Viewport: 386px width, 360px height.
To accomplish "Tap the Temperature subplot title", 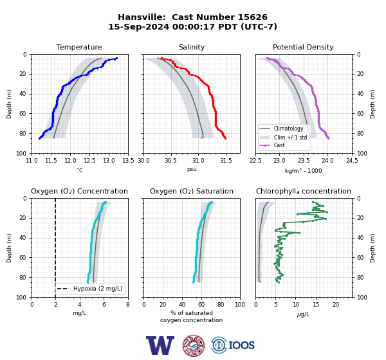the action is (79, 47).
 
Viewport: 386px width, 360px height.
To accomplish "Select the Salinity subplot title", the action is (192, 47).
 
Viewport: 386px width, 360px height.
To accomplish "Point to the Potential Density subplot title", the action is (303, 47).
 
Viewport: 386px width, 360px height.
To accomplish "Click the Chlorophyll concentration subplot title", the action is (304, 192).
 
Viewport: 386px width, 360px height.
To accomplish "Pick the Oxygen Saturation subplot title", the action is (192, 192).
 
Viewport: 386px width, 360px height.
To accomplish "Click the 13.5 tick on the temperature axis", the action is (128, 161).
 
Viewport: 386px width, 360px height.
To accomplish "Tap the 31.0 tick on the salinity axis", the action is (198, 161).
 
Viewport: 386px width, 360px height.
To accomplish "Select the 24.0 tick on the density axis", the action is (327, 161).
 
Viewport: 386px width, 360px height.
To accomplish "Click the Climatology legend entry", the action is (288, 129).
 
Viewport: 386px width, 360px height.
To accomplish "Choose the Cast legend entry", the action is (279, 145).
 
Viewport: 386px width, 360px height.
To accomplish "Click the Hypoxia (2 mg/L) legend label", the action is (98, 289).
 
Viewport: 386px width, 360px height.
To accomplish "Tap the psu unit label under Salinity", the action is (192, 169).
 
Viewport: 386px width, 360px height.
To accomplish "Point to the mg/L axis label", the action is (80, 314).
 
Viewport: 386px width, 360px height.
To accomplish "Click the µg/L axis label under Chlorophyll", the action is (303, 314).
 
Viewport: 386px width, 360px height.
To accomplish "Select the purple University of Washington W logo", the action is (160, 345).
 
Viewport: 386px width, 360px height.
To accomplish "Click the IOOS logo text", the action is (241, 345).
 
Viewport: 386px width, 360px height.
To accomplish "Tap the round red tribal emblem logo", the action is (194, 346).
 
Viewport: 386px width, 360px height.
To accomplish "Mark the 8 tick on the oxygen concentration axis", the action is (128, 305).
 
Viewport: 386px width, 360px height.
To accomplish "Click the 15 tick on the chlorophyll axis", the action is (316, 305).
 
